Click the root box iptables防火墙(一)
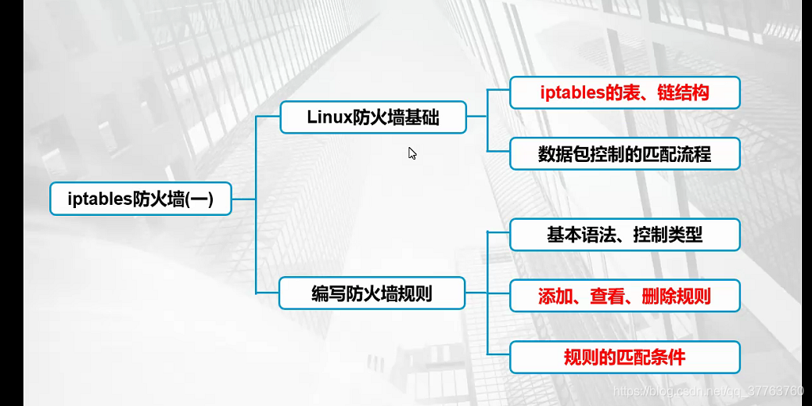(x=141, y=199)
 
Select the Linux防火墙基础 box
(x=373, y=117)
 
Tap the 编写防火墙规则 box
(x=372, y=294)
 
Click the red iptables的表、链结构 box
(x=624, y=92)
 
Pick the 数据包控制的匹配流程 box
(x=624, y=153)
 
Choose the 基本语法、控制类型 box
(x=624, y=235)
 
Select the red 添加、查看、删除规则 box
(x=624, y=296)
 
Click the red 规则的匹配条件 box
(x=624, y=357)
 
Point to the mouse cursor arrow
(x=411, y=153)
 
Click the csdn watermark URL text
(x=708, y=390)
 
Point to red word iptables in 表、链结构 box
(x=573, y=92)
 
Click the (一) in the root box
(x=199, y=199)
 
